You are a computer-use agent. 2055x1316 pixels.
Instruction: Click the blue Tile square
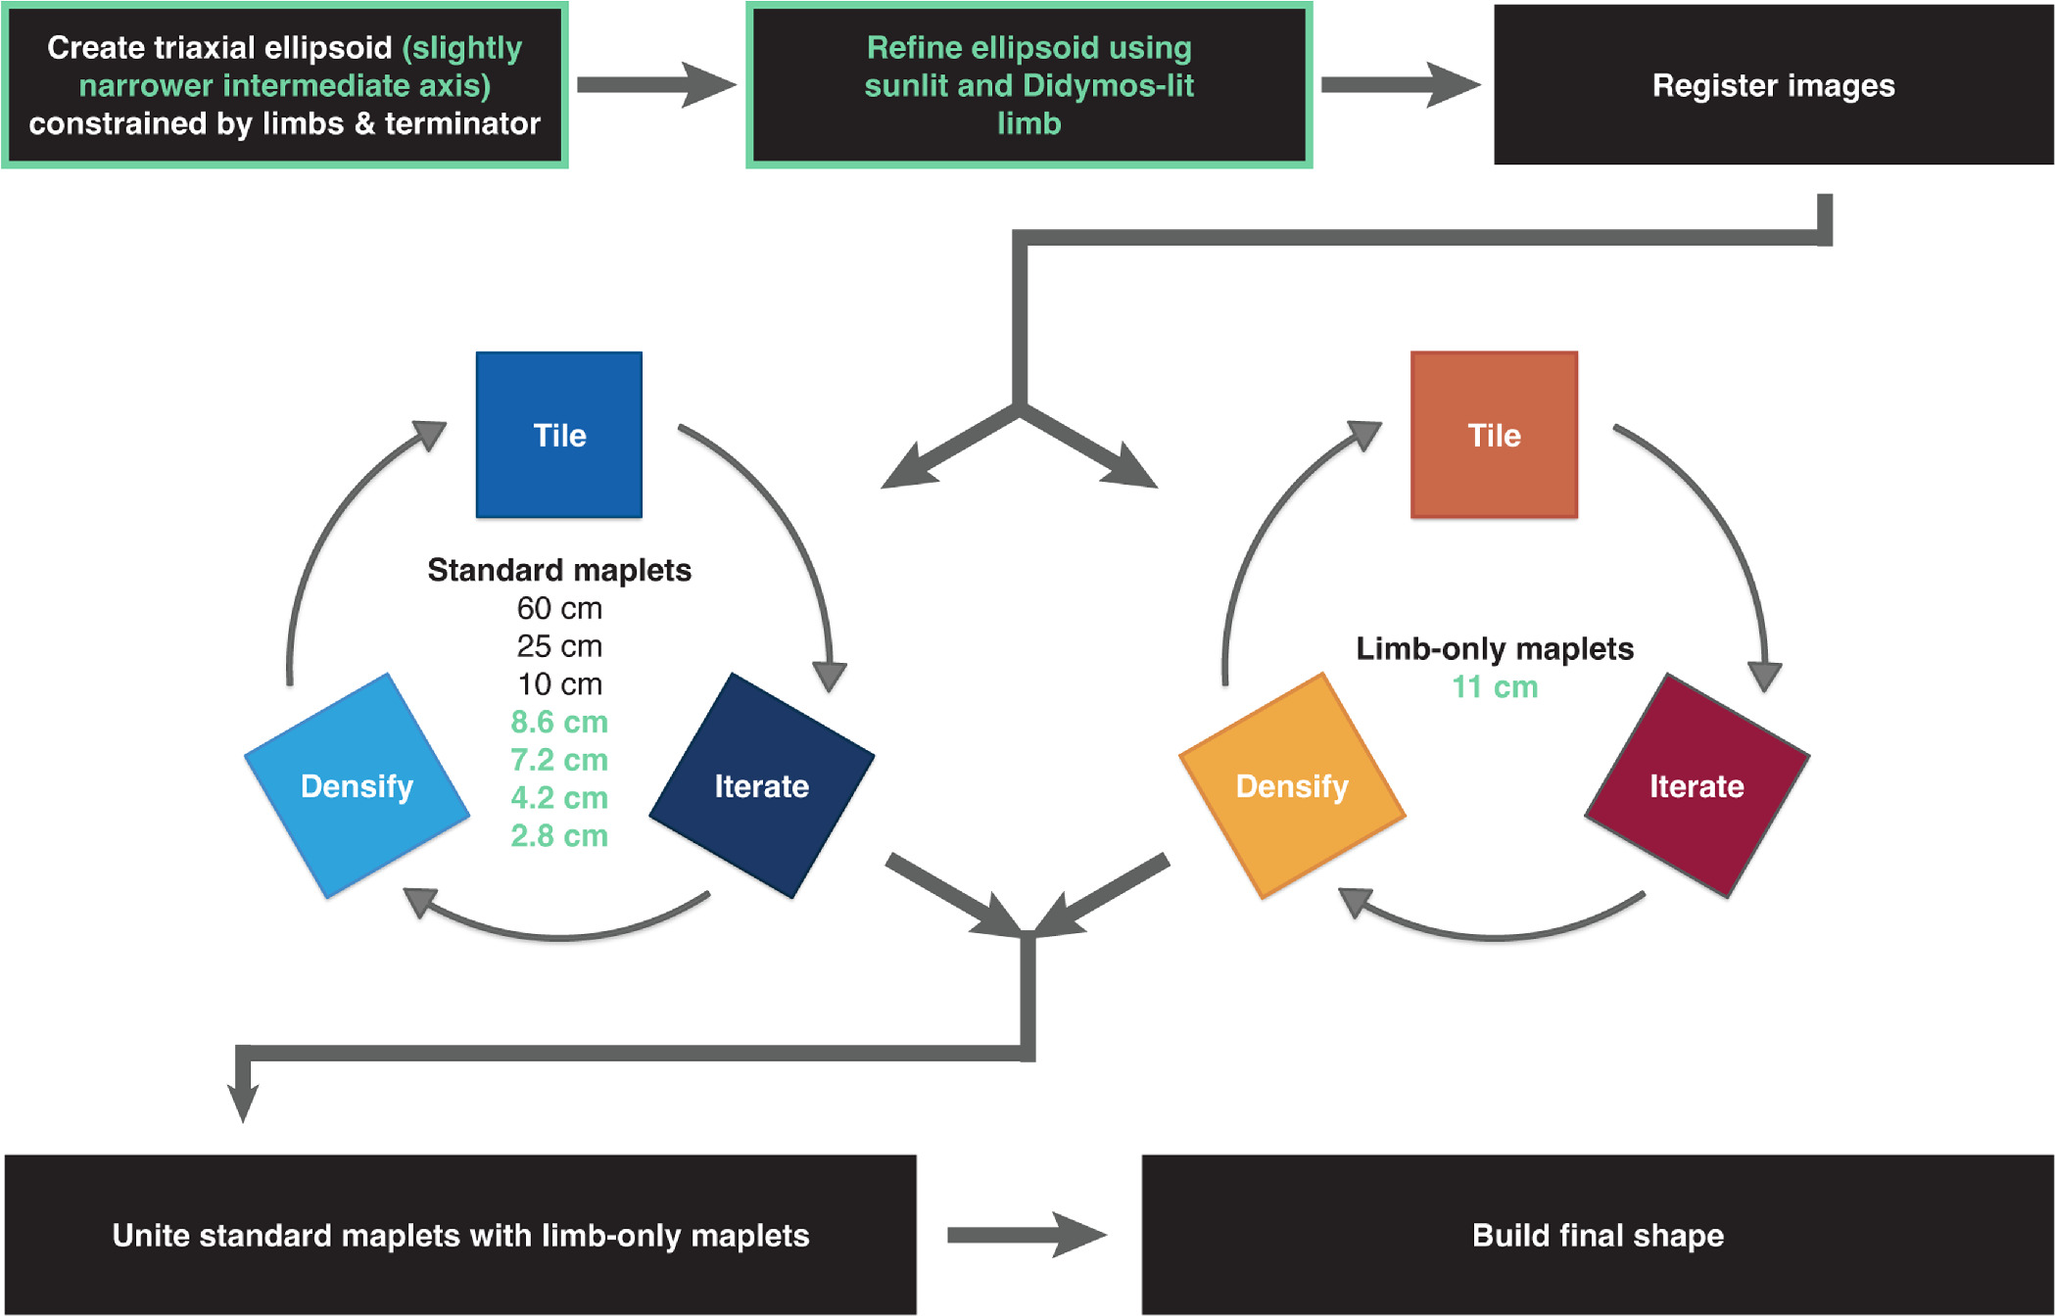[558, 435]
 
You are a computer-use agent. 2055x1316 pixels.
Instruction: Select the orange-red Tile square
[1494, 435]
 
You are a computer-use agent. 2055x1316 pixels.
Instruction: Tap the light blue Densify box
[357, 785]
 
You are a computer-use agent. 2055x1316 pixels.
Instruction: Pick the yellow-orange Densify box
[1292, 785]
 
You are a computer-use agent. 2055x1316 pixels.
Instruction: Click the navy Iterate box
[761, 785]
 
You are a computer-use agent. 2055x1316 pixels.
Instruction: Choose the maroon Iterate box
[1697, 785]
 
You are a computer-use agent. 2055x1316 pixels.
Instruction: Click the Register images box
[1773, 85]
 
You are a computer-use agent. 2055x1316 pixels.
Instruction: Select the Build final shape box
[1598, 1235]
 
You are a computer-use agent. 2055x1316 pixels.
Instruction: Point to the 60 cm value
[559, 608]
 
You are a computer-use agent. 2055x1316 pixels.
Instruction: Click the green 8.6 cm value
[559, 722]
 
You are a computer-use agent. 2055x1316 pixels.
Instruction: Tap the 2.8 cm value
[559, 835]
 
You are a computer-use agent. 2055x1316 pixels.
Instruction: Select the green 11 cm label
[1495, 686]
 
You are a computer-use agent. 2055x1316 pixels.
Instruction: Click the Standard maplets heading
[559, 570]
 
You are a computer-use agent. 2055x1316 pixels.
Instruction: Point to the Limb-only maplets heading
[1495, 648]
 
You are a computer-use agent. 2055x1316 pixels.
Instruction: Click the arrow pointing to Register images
[1401, 85]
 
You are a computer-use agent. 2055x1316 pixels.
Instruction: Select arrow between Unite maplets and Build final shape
[1027, 1235]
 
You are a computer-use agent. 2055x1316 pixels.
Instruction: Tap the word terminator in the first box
[462, 123]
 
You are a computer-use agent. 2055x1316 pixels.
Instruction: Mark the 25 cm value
[559, 646]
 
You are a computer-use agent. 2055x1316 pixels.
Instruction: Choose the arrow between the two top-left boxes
[656, 85]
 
